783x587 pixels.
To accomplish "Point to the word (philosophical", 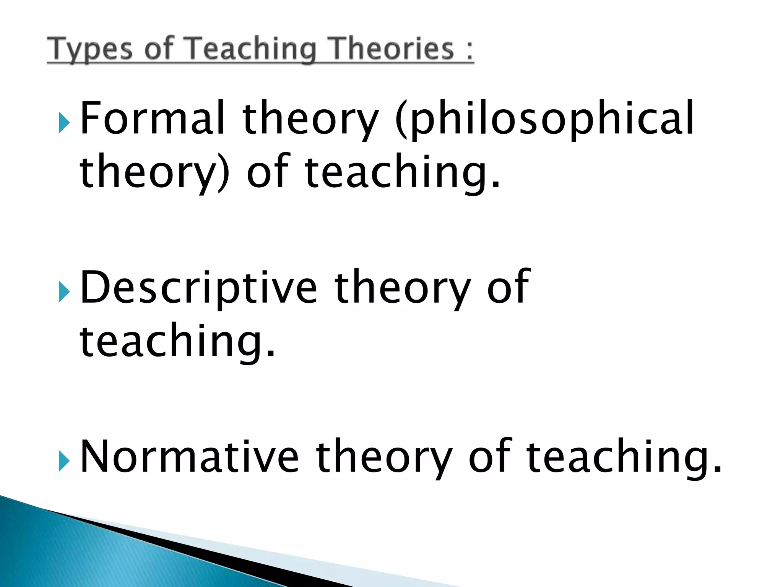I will [544, 118].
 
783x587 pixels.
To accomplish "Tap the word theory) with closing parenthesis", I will [155, 172].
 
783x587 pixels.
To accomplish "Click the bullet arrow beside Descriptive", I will [64, 293].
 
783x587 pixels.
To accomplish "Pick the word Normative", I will [189, 456].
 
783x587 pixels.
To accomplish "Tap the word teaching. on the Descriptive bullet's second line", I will [177, 340].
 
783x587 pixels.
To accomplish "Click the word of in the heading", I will [159, 49].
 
